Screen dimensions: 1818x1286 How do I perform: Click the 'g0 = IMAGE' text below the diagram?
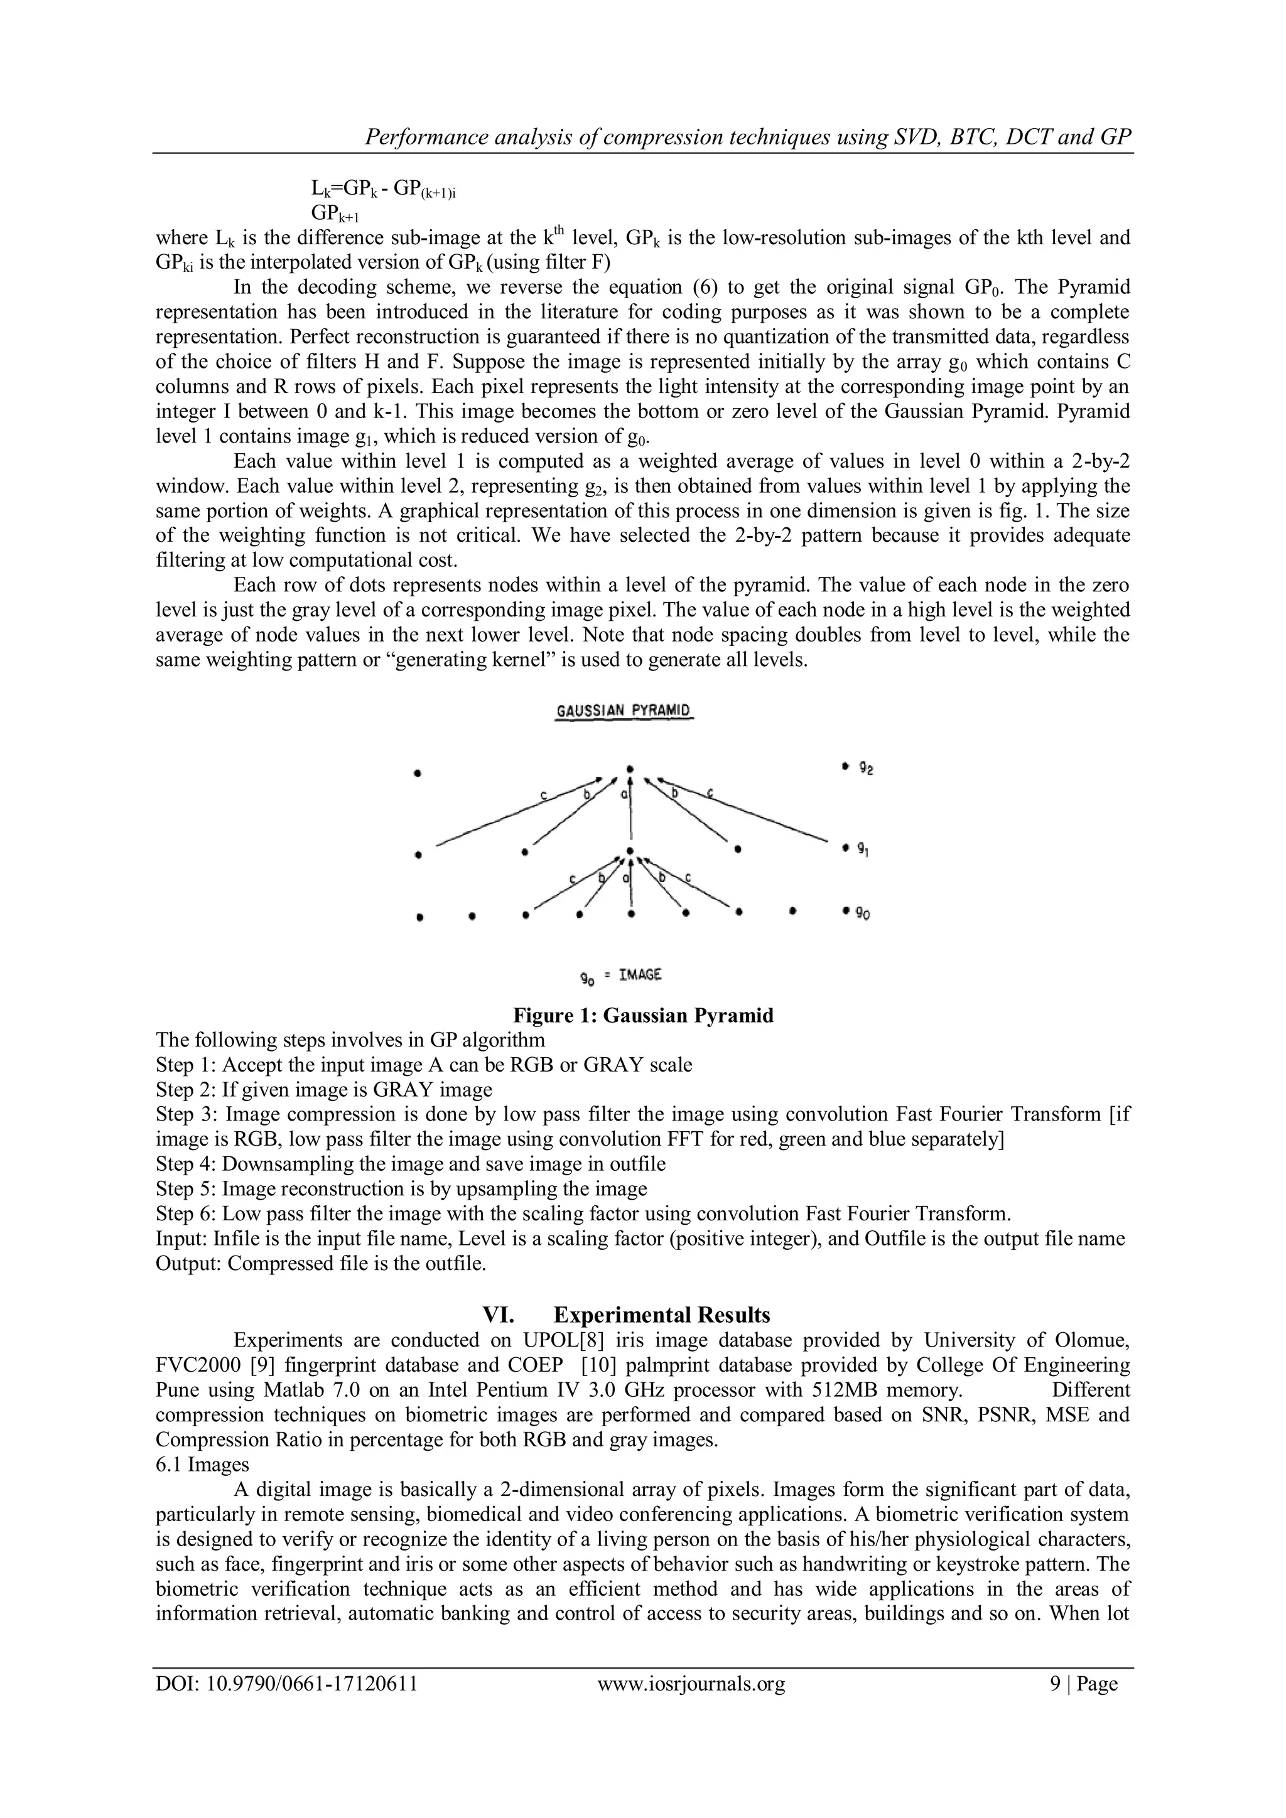[621, 976]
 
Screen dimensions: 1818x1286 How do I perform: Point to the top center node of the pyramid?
[630, 768]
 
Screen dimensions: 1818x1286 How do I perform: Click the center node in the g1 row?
[630, 852]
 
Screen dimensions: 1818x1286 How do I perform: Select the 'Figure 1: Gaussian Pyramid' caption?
[643, 1015]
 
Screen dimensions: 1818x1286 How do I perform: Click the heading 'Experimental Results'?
[661, 1315]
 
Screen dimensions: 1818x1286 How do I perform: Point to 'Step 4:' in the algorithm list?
[186, 1164]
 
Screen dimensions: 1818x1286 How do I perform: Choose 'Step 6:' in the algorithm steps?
[186, 1214]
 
